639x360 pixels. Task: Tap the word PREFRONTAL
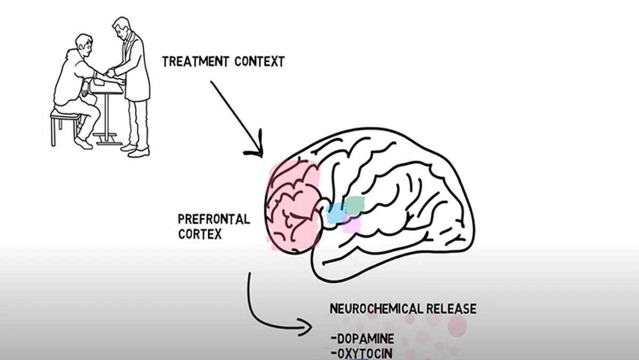[214, 219]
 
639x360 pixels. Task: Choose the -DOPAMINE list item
[362, 338]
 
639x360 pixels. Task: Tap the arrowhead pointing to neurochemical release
[307, 327]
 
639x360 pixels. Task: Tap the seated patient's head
[84, 45]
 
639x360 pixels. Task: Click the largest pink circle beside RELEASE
[457, 325]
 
